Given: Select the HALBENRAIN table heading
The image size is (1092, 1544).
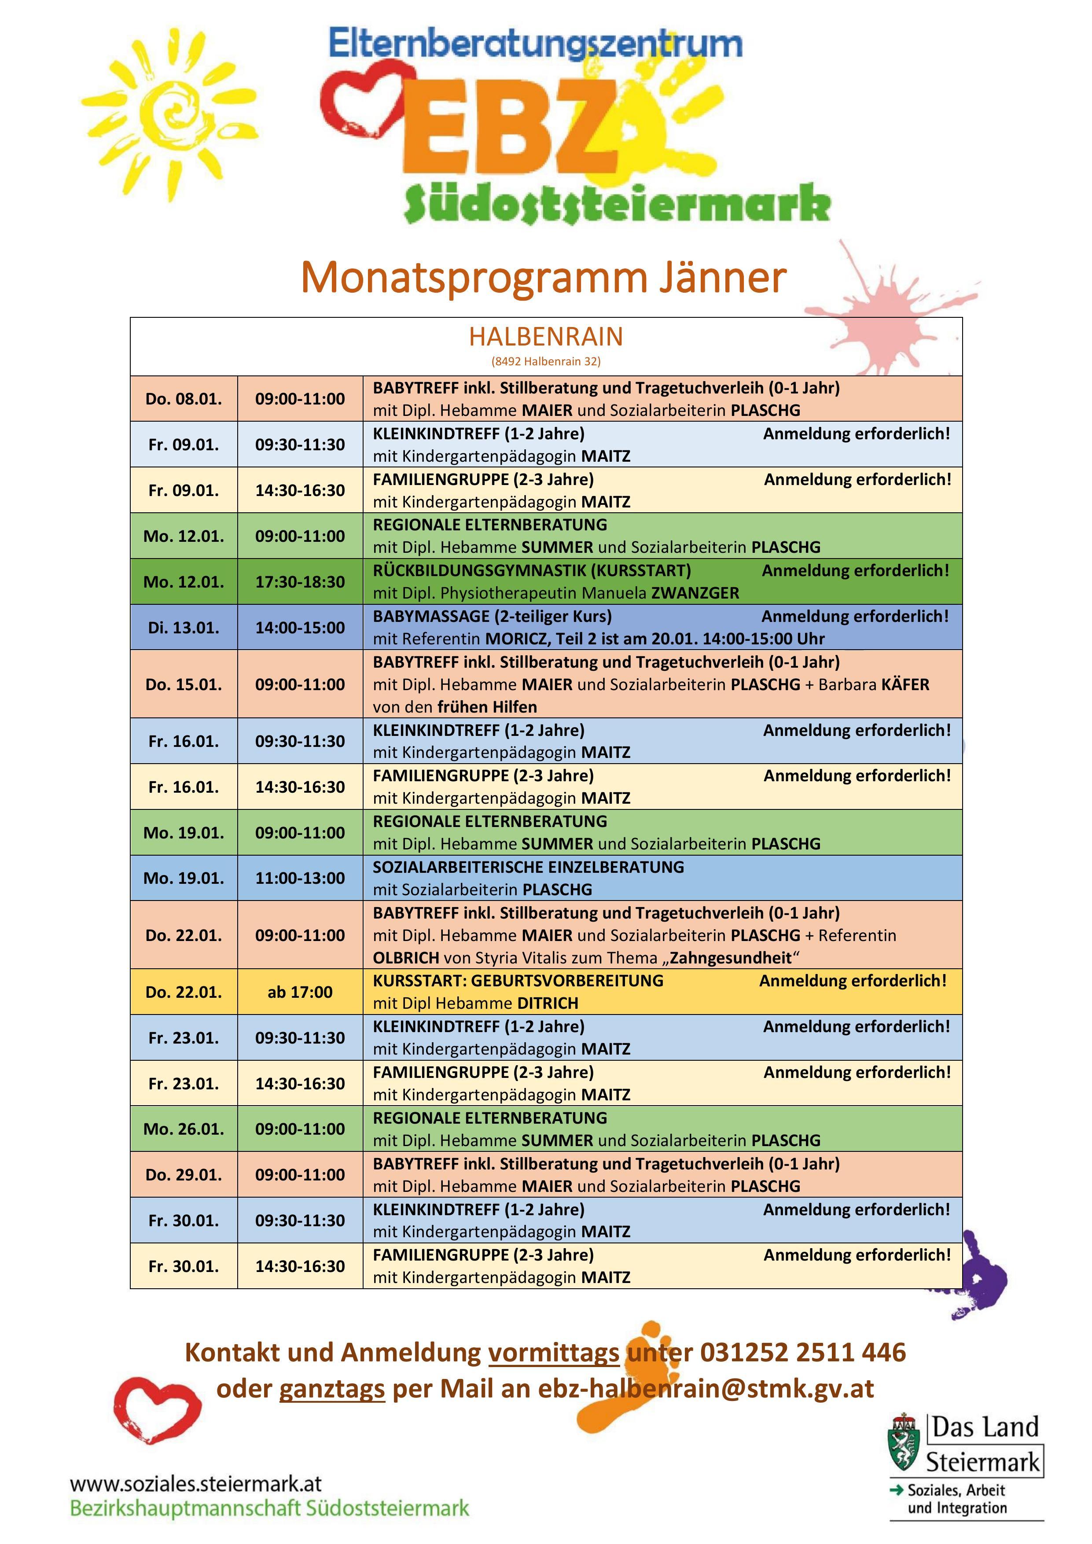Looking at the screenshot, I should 545,336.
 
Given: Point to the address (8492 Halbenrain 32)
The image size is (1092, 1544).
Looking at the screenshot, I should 545,361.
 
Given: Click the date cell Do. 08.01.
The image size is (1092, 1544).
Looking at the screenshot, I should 184,399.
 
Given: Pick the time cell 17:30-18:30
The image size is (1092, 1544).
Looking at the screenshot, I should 300,582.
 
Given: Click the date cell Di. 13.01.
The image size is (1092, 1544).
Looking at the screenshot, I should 184,628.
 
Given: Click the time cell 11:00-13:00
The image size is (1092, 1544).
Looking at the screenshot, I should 300,878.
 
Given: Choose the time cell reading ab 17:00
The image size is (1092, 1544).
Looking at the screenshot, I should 300,992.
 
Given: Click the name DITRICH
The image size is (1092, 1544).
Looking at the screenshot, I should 548,1004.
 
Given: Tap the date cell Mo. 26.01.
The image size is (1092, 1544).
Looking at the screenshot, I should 184,1129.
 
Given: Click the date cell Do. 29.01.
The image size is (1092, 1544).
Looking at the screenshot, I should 184,1175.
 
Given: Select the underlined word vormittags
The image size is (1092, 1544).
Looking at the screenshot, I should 553,1353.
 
